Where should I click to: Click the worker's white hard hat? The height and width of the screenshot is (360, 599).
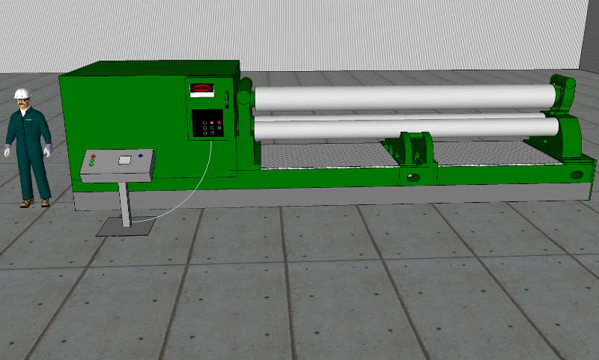coord(22,92)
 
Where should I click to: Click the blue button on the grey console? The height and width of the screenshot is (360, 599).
coord(141,156)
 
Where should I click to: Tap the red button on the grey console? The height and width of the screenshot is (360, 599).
coord(93,156)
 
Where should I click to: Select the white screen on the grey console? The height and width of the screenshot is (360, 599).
coord(124,159)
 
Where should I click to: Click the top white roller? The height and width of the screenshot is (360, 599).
coord(404,97)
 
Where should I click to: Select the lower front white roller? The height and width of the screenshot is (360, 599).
coord(404,128)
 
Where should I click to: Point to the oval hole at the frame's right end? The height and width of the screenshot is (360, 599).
coord(576,175)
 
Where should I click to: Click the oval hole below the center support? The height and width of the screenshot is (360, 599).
coord(411,178)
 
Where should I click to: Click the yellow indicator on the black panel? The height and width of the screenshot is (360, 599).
coord(211,121)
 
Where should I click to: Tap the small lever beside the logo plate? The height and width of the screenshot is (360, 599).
coord(225,96)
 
